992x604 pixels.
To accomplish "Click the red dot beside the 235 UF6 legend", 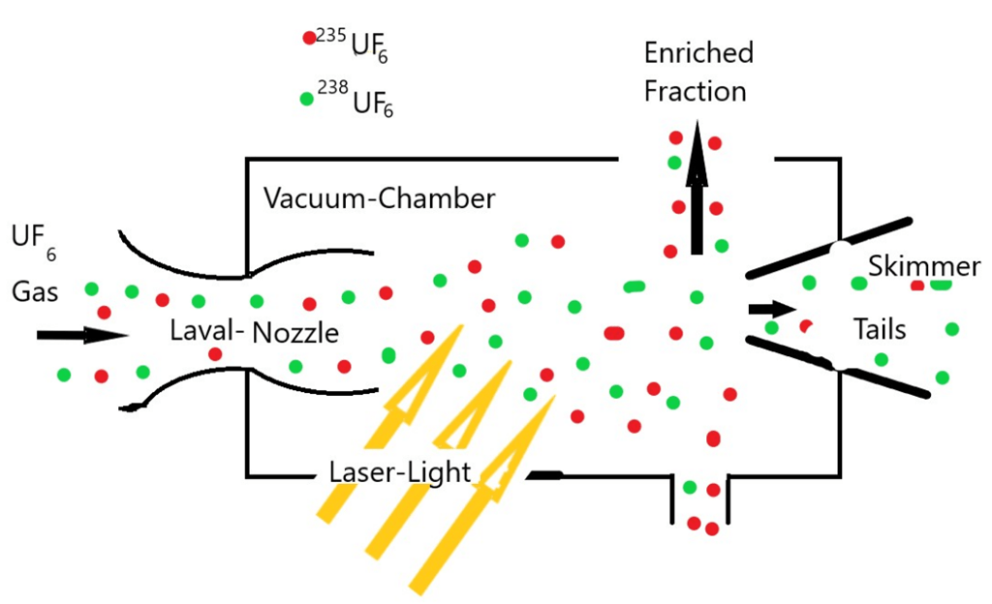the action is click(309, 38).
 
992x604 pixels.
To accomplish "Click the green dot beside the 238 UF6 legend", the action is click(307, 99).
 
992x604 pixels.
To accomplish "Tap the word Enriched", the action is click(698, 52).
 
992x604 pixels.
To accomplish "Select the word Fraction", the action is click(696, 91).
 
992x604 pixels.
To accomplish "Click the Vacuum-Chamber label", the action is click(379, 198).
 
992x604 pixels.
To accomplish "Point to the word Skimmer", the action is click(924, 266).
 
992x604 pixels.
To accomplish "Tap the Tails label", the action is click(880, 329).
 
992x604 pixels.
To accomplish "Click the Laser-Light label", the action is click(400, 472).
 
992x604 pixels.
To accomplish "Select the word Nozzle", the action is click(295, 333).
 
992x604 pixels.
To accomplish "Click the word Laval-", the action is click(207, 330).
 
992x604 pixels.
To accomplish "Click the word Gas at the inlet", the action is click(35, 292).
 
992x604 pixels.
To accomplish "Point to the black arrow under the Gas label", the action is click(82, 335).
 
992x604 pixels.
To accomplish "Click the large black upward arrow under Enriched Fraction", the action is click(697, 188).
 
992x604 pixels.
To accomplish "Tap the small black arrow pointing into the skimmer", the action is click(772, 309).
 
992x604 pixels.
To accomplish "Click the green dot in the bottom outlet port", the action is click(690, 487).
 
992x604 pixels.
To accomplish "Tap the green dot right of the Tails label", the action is click(952, 328).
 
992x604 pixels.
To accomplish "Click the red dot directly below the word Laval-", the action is click(215, 354).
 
